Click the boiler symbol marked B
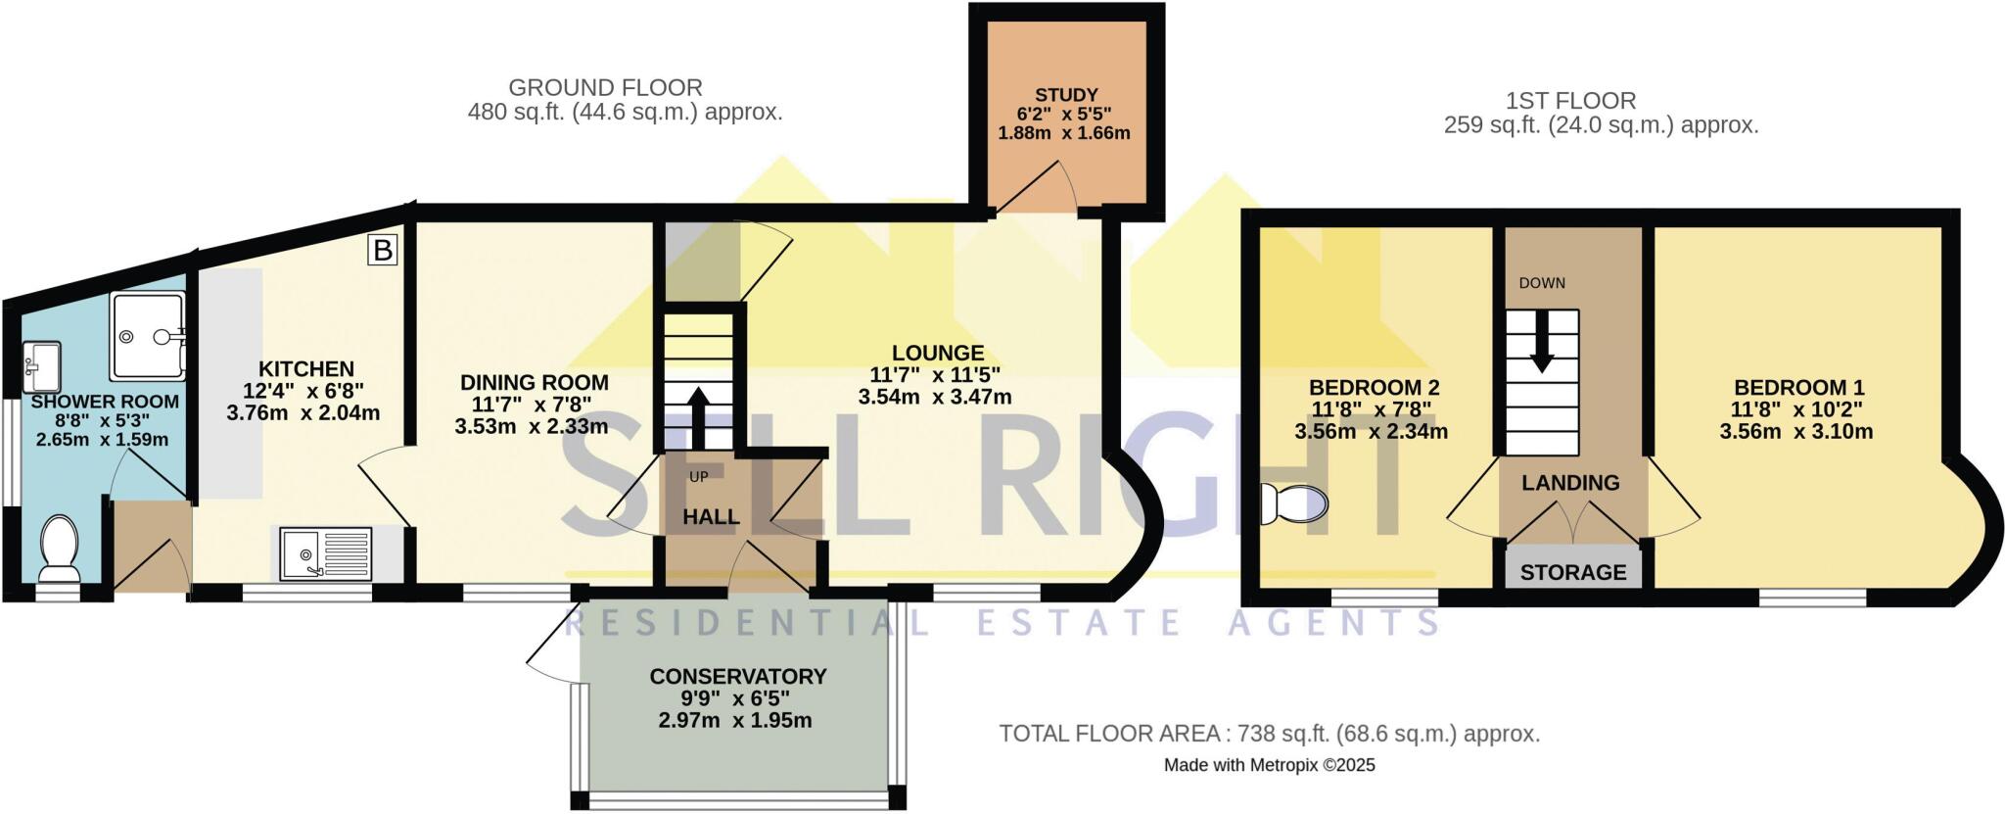(383, 251)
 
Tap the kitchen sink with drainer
(326, 553)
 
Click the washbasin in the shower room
(41, 364)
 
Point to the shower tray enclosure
(147, 336)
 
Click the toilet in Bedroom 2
(1294, 503)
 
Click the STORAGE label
(1573, 572)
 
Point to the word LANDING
(1570, 483)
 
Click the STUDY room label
(1066, 95)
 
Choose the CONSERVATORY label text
(738, 676)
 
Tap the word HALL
(711, 517)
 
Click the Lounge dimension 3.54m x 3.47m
(935, 397)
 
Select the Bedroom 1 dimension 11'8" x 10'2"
(1797, 409)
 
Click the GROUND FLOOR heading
(605, 87)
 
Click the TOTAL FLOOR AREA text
(1269, 733)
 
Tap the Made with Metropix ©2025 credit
(1269, 765)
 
